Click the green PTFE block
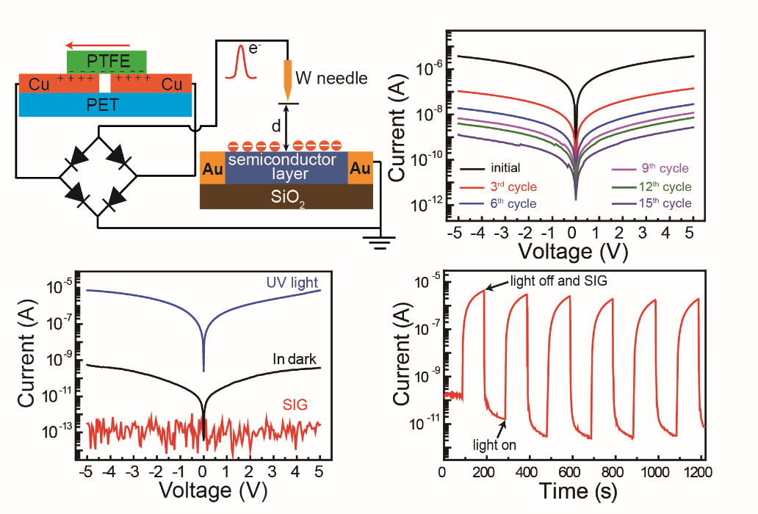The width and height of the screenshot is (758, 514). click(107, 61)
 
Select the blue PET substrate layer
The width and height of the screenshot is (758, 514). click(106, 104)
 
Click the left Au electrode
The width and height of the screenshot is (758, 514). click(212, 168)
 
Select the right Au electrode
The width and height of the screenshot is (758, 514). click(360, 168)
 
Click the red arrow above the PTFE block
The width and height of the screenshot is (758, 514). click(98, 43)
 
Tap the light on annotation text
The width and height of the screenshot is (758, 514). click(494, 444)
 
